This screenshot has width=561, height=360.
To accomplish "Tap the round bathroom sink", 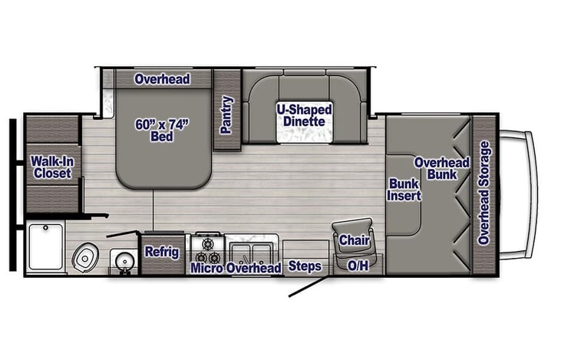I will (122, 260).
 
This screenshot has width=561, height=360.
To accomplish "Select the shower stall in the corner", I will (45, 246).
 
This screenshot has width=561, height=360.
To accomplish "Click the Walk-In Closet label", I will (51, 167).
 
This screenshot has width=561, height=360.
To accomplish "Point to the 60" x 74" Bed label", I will (162, 130).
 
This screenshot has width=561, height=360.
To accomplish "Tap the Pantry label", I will (226, 114).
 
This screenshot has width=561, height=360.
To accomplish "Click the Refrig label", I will (162, 251).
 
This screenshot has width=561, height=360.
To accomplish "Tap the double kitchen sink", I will (252, 250).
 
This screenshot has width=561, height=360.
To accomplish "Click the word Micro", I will (206, 268).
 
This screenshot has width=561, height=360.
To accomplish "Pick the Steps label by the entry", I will (305, 267).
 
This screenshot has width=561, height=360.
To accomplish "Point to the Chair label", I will (355, 240).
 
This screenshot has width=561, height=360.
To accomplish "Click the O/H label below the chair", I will (358, 266).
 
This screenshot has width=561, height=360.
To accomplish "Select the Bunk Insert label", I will (404, 190).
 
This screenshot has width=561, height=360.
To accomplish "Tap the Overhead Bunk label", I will (441, 168).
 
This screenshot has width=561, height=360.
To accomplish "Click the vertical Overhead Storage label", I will (483, 193).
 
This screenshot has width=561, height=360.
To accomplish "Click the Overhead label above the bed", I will (162, 79).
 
